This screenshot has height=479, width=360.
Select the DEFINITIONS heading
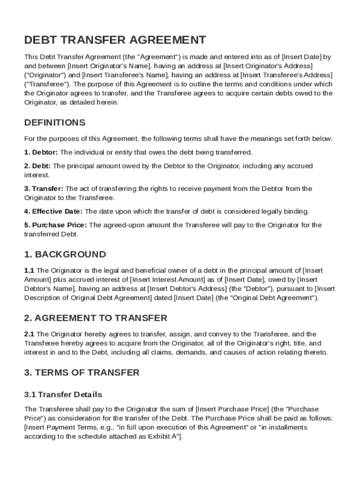55,123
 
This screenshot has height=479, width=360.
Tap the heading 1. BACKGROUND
65,254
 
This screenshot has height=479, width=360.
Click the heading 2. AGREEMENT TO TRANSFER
95,318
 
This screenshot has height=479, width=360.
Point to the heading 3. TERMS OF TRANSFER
82,372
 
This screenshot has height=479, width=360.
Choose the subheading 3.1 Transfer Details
63,394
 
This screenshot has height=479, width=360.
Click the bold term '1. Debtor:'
41,152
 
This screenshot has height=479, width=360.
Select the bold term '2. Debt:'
37,166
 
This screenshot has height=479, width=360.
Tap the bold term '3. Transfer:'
43,189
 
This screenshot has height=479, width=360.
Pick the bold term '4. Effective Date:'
53,211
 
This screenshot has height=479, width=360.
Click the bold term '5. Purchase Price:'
56,225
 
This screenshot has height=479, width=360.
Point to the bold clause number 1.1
29,270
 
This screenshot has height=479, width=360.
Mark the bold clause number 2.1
29,334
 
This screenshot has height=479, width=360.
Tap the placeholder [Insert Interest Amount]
166,279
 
